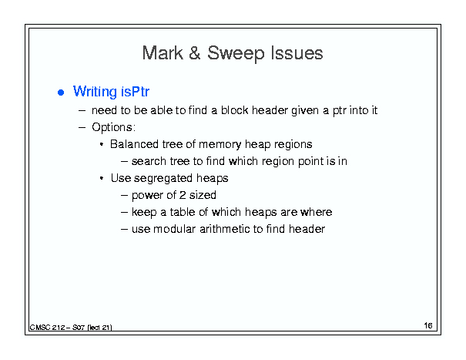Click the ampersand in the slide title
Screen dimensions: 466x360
coord(194,53)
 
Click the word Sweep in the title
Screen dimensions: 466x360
coord(236,54)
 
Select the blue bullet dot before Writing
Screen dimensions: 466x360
coord(61,93)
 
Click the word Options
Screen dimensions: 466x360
coord(113,127)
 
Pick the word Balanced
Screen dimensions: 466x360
coord(134,144)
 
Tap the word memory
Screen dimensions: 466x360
coord(220,145)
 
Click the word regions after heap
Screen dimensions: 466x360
coord(293,145)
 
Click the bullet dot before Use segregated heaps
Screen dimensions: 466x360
coord(102,178)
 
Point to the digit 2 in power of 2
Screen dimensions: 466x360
coord(183,195)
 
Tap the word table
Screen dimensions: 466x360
coord(183,212)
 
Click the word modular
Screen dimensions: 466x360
coord(174,229)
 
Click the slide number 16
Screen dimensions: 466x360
coord(428,325)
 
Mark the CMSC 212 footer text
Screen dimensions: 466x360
coord(71,328)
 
